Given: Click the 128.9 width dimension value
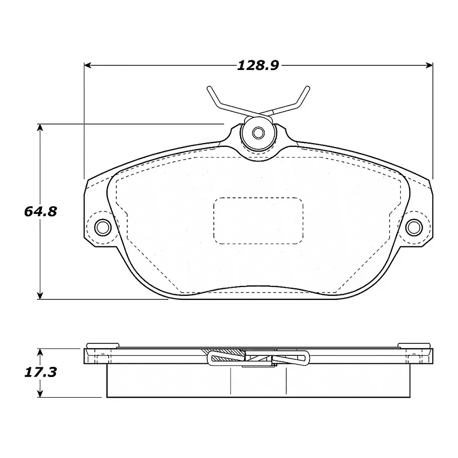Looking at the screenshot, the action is click(x=258, y=65).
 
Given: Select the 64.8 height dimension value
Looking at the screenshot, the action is click(x=40, y=211).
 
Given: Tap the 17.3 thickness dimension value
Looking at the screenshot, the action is click(x=40, y=372).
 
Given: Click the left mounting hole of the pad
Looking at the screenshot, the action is click(x=103, y=227).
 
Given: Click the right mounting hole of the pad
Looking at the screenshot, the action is click(x=414, y=227).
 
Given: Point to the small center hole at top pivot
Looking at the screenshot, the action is click(x=258, y=133).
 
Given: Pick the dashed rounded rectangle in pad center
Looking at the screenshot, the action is click(x=258, y=221).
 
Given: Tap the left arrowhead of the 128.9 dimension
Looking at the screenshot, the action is click(x=88, y=65).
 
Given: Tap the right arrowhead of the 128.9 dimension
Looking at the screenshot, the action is click(x=429, y=65).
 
